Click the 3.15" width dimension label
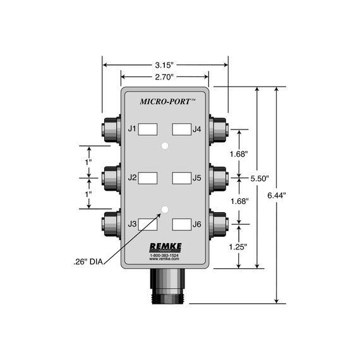[165, 64]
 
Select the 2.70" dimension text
[165, 77]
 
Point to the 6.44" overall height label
[277, 196]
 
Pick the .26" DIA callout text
[87, 260]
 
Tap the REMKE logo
[164, 247]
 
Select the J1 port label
[132, 129]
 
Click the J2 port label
[132, 177]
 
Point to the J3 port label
[132, 224]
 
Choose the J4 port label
[198, 129]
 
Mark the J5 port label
[198, 177]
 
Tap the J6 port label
[198, 224]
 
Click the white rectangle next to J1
[148, 129]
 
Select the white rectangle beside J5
[182, 177]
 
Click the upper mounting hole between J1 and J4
[165, 146]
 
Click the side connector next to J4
[219, 129]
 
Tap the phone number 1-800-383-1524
[164, 255]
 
